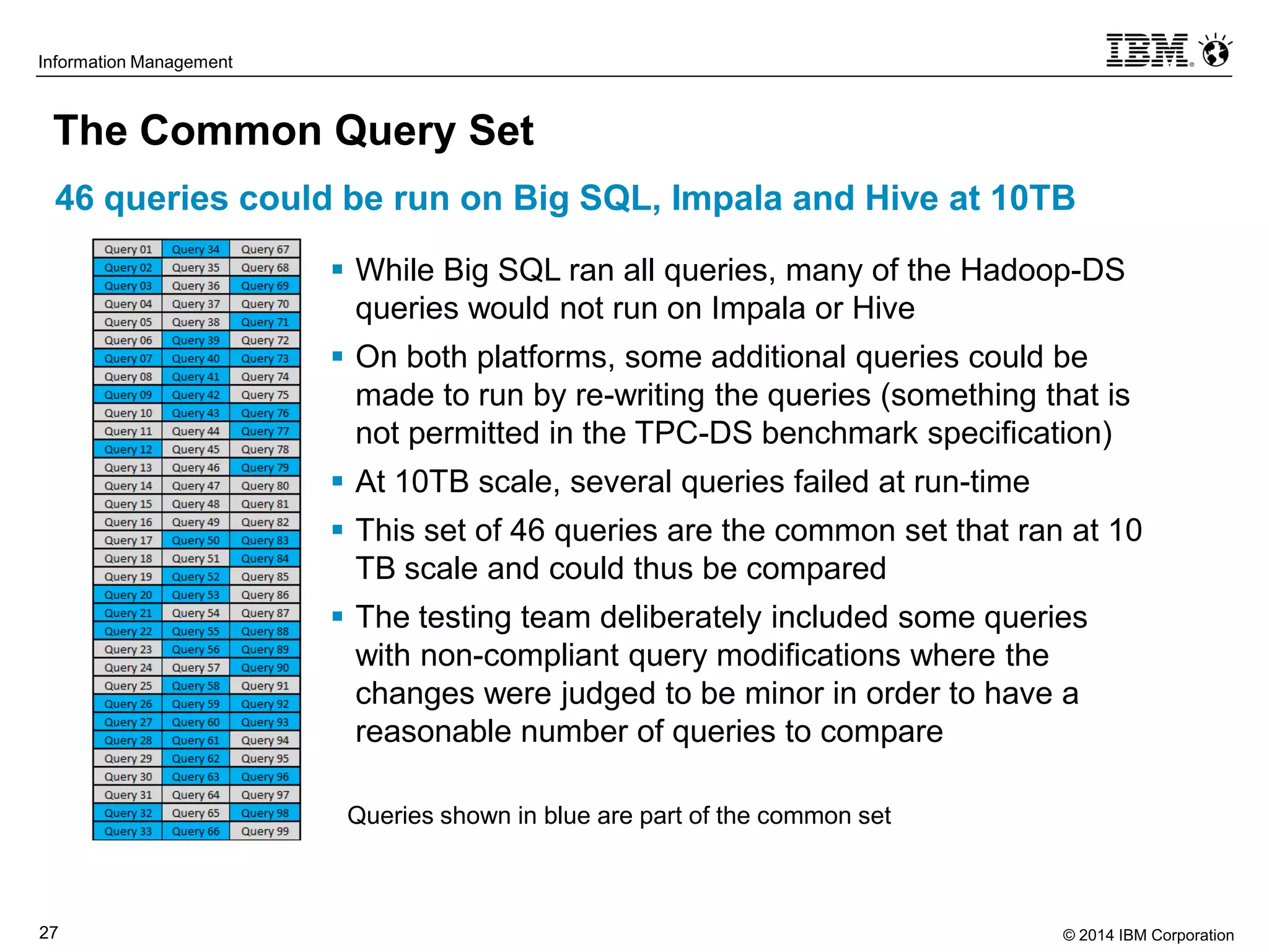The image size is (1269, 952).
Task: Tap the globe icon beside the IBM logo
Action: [1216, 51]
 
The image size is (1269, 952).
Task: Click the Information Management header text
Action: [135, 62]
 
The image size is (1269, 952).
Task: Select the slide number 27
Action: [48, 932]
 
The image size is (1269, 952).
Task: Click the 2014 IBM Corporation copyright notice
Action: [1148, 935]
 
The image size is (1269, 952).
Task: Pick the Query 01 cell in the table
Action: [128, 249]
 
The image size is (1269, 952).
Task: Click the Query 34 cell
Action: [196, 249]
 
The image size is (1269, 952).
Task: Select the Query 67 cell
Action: [265, 249]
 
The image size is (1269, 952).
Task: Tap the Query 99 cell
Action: [265, 831]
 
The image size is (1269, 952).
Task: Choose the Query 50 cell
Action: [196, 540]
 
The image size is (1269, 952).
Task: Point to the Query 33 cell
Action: [128, 831]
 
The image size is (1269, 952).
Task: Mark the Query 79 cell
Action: [265, 467]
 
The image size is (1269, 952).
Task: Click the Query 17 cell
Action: [128, 540]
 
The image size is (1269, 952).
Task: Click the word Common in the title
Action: [232, 131]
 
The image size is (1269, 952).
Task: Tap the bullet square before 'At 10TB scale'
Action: [337, 480]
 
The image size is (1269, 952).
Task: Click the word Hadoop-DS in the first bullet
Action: [1042, 270]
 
